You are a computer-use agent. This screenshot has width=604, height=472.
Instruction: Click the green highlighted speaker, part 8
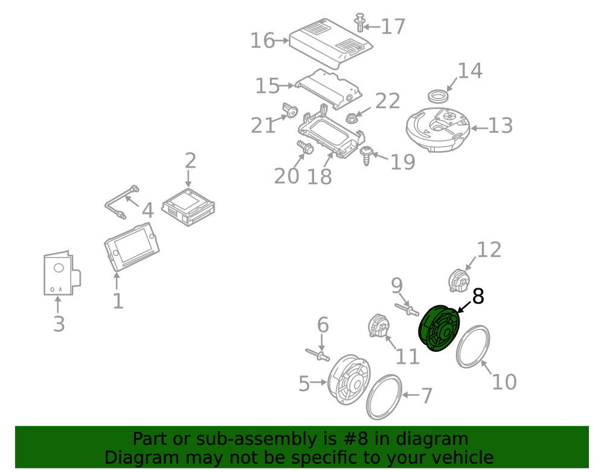(x=439, y=328)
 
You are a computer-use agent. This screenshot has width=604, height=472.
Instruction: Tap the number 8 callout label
(x=478, y=297)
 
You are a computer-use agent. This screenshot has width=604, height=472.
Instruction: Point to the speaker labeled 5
(x=349, y=380)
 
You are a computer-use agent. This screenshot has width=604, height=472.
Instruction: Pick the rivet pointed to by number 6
(x=318, y=355)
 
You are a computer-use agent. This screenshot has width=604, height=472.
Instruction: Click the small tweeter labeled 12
(x=460, y=280)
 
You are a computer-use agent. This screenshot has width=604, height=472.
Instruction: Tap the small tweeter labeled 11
(x=379, y=326)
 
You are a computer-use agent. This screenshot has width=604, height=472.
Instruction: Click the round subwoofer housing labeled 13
(x=438, y=129)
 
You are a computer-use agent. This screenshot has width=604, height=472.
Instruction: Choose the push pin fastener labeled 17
(x=360, y=22)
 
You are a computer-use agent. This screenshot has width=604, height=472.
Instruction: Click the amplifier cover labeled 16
(x=330, y=43)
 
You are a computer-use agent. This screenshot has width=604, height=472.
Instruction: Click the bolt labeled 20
(x=305, y=147)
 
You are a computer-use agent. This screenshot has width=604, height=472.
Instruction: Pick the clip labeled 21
(x=290, y=111)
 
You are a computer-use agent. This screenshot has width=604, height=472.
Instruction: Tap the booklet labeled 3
(x=62, y=274)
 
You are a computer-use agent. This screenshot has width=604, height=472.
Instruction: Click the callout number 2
(x=190, y=160)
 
